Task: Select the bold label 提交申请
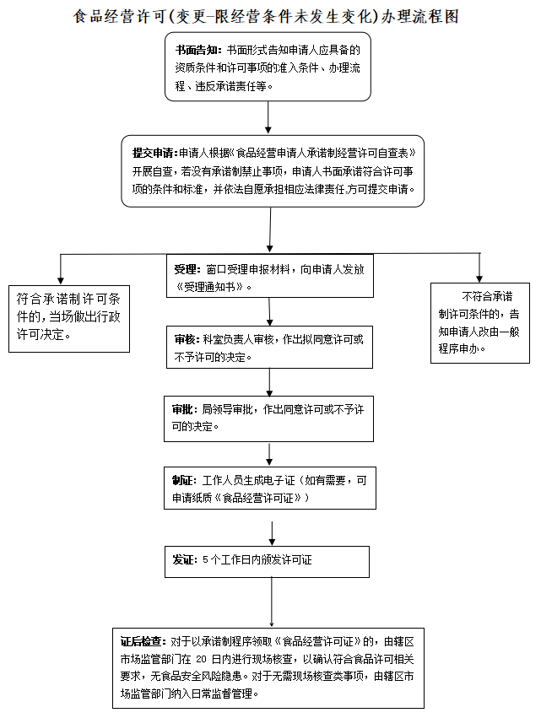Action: (154, 153)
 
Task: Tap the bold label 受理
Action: (186, 269)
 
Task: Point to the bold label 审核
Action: (186, 339)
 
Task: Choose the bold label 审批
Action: (186, 409)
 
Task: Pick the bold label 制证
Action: (184, 481)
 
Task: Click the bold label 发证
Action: (184, 559)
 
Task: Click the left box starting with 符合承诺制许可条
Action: (68, 316)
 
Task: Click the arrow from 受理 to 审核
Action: (269, 311)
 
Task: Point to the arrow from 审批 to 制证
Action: (269, 454)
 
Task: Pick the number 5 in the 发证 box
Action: (205, 559)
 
